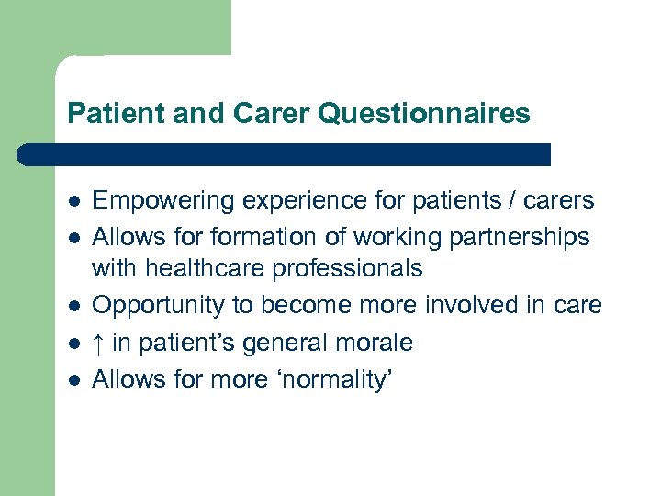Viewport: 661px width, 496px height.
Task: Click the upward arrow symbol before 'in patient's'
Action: pyautogui.click(x=99, y=344)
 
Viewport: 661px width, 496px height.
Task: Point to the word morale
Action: pyautogui.click(x=375, y=344)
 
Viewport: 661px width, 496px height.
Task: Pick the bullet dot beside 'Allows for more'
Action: pyautogui.click(x=73, y=378)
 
